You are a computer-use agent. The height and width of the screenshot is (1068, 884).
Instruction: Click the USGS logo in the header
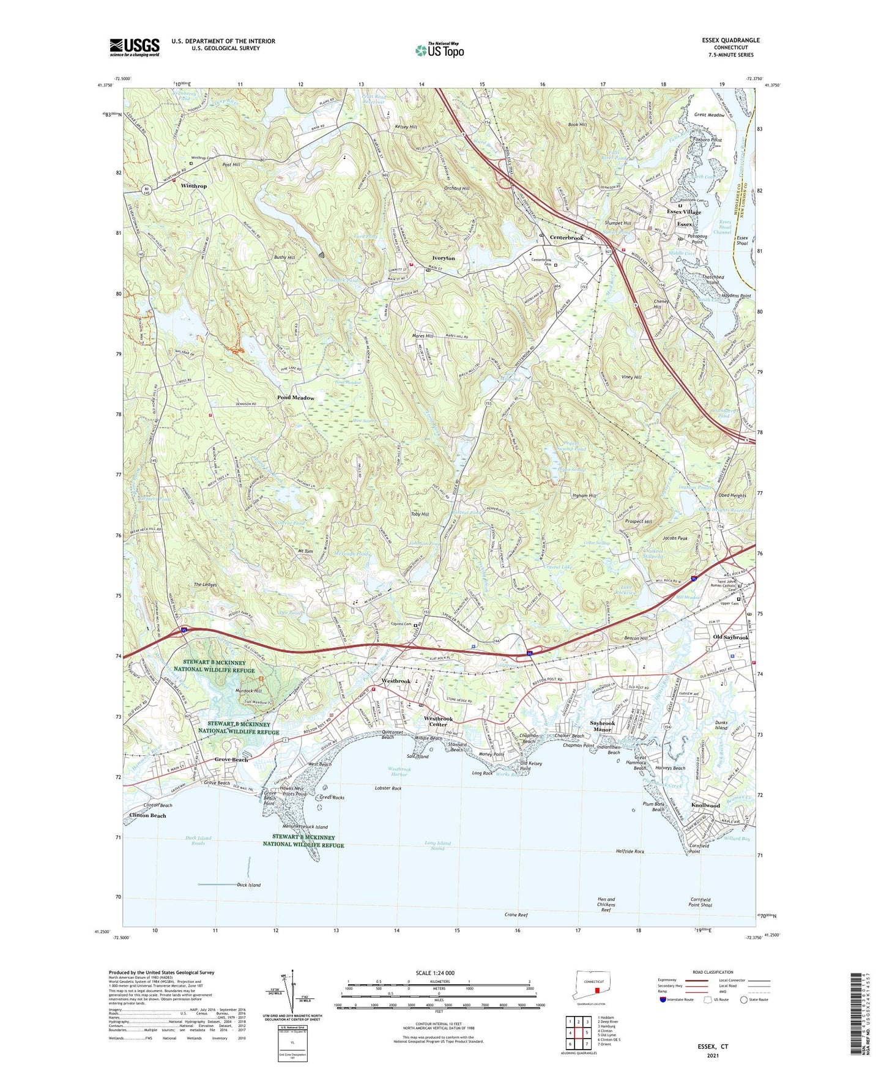(x=135, y=47)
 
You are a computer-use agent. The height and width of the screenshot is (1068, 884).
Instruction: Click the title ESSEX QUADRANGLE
(x=731, y=40)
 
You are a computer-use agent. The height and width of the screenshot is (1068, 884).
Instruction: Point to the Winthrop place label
(x=193, y=186)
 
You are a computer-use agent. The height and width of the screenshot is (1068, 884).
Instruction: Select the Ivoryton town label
(x=444, y=258)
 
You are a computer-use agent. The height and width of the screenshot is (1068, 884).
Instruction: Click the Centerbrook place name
(x=566, y=237)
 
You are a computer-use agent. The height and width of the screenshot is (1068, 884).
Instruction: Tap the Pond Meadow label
(x=295, y=398)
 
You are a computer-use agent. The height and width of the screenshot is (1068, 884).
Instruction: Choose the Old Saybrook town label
(x=730, y=637)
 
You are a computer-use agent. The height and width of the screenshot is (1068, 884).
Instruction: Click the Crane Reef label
(x=516, y=915)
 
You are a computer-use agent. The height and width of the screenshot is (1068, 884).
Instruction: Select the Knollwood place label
(x=705, y=806)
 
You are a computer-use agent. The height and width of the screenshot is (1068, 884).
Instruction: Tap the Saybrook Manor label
(x=602, y=726)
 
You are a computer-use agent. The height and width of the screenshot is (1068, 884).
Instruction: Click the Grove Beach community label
(x=231, y=760)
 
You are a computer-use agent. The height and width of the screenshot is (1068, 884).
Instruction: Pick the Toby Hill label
(x=419, y=514)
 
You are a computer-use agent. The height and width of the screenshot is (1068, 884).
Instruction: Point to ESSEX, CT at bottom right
(x=713, y=1047)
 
